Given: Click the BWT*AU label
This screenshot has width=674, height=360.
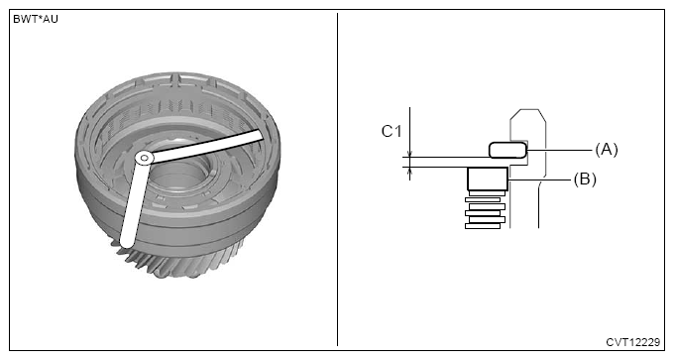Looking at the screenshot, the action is tap(36, 20).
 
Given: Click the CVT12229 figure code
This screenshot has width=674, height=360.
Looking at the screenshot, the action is tap(632, 342).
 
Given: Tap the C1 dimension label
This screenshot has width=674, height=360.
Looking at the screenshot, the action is tap(392, 131).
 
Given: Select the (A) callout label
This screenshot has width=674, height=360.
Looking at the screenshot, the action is tap(606, 150).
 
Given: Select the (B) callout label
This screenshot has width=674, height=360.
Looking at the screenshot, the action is tap(585, 180).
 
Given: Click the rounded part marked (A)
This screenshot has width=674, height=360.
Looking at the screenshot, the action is tap(507, 150).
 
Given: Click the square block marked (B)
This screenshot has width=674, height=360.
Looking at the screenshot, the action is tap(488, 179).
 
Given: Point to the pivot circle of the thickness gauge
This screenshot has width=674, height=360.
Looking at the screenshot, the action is tap(145, 158).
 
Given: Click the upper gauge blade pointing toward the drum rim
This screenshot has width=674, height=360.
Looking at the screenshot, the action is tap(204, 146).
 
